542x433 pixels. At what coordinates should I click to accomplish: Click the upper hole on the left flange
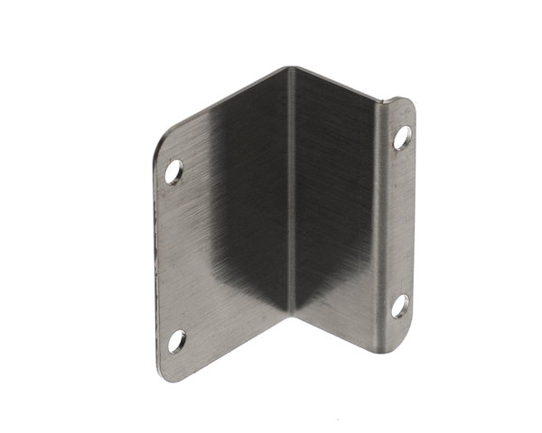[173, 170]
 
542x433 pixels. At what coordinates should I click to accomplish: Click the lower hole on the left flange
[177, 341]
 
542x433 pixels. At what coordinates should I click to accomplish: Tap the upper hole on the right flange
[402, 137]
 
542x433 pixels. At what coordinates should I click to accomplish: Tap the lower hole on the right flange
[399, 305]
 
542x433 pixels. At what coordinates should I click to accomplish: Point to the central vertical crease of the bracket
[291, 198]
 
